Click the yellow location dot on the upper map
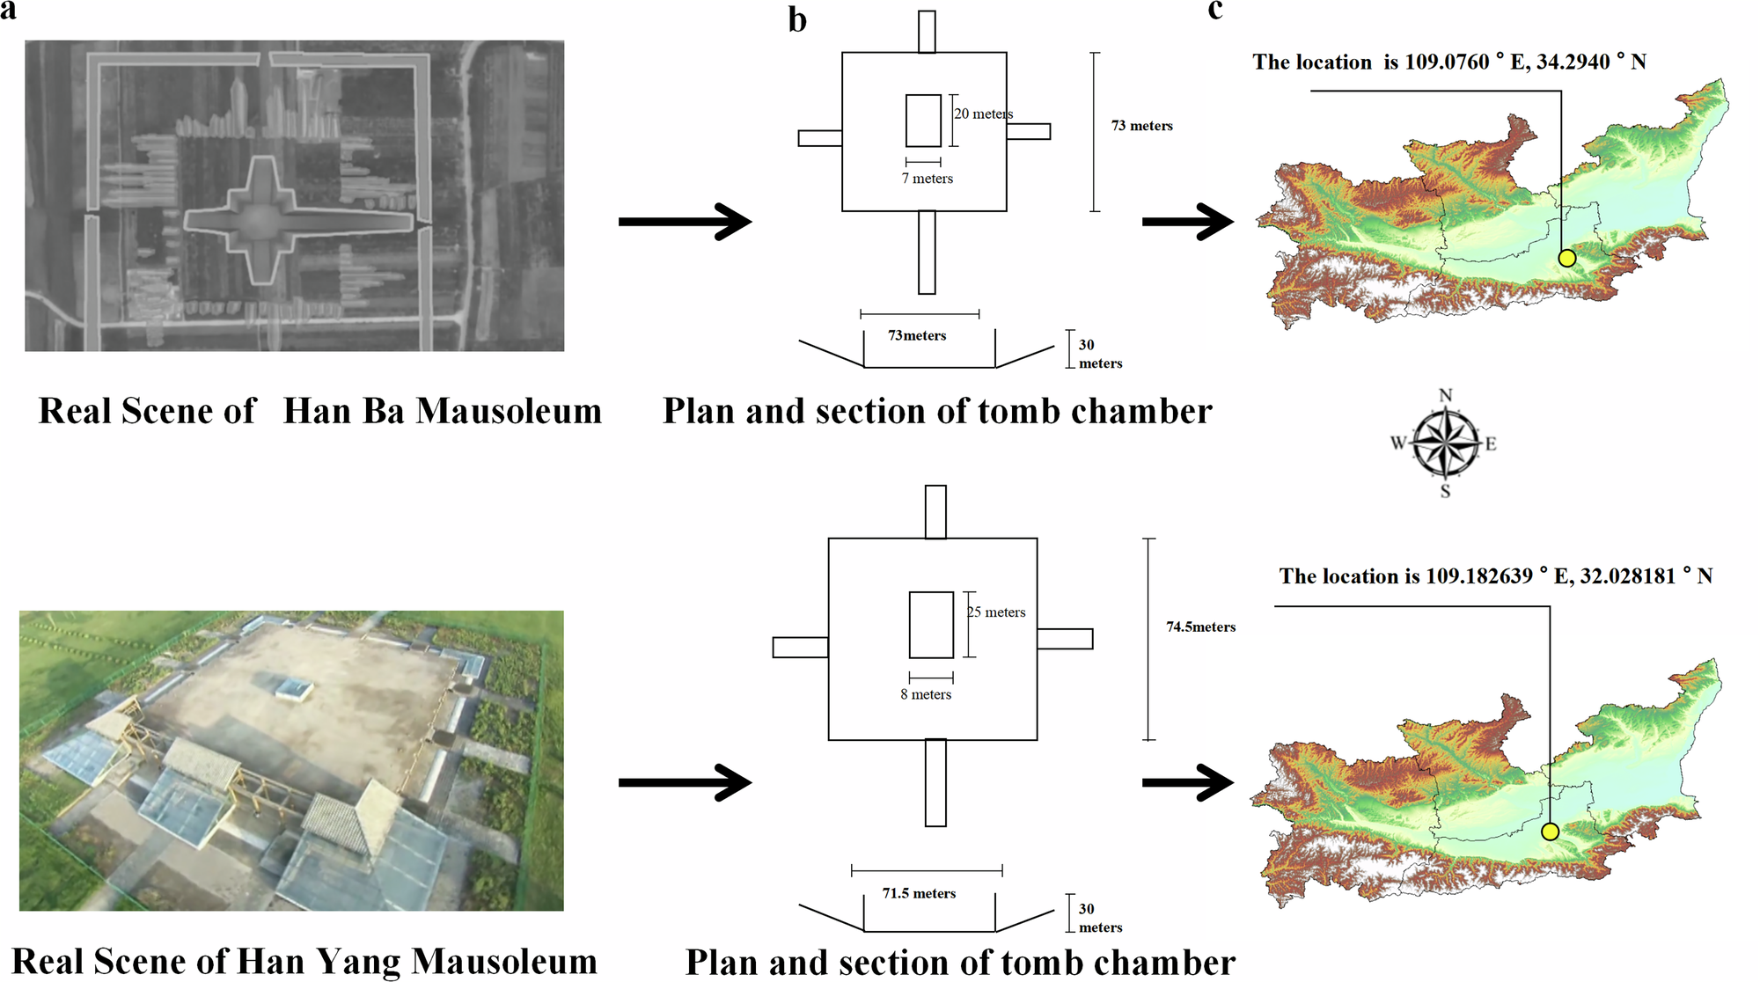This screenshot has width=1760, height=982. point(1566,258)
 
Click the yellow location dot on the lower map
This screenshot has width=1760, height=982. point(1550,832)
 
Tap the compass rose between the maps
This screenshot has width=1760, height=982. point(1445,443)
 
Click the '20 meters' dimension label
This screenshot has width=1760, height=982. point(984,114)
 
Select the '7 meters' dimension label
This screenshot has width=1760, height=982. point(927,179)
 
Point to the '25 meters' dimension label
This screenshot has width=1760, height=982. point(997,612)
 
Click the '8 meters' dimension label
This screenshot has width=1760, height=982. point(926,694)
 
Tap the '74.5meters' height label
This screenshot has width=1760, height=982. point(1200,627)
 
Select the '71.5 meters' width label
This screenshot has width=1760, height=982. point(919,893)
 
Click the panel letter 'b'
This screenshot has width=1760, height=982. point(797,20)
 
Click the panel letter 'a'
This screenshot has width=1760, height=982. point(8,10)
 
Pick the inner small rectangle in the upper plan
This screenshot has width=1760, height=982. point(923,121)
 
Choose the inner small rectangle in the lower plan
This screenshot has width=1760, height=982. point(931,625)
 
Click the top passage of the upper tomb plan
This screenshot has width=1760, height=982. point(927,32)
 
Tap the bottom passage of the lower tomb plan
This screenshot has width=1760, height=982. point(935,782)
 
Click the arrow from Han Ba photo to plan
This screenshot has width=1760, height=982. point(685,221)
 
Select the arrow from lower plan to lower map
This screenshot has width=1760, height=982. point(1188,782)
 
